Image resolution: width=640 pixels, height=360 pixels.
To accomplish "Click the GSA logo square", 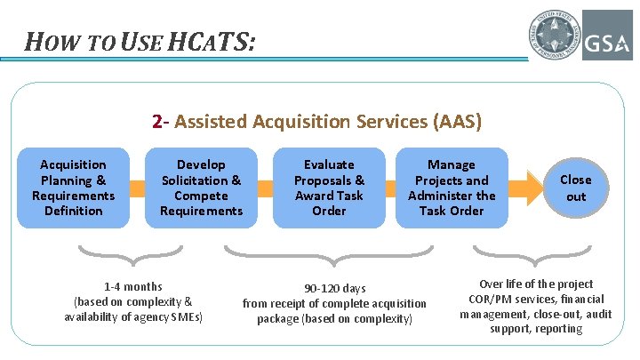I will (x=607, y=35).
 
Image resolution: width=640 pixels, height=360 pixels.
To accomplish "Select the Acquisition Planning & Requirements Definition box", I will (x=73, y=188).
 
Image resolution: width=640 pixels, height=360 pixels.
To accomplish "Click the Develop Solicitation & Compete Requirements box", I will (x=201, y=188).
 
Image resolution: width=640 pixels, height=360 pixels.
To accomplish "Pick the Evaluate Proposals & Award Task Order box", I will (x=329, y=188).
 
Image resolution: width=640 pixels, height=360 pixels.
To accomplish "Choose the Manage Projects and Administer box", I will (x=452, y=188).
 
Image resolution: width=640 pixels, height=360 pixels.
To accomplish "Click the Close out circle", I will (x=576, y=188).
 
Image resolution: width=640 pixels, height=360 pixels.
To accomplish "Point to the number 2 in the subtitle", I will (x=157, y=120).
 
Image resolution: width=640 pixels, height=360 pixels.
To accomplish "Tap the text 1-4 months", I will (x=133, y=287).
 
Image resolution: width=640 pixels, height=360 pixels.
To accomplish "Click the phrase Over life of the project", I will (x=536, y=284).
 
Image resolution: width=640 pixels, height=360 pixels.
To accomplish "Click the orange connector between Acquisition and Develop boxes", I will (x=137, y=188).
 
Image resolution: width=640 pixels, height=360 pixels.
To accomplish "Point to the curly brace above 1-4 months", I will (x=133, y=259).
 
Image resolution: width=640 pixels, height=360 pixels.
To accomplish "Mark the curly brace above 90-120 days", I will (x=334, y=260).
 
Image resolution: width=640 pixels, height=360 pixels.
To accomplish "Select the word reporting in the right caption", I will (x=559, y=329).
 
